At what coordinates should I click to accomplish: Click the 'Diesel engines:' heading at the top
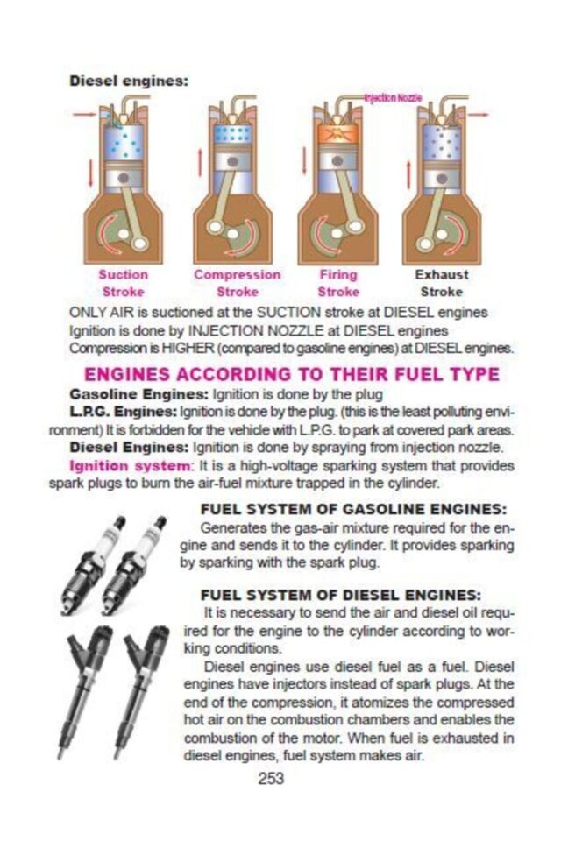coord(129,81)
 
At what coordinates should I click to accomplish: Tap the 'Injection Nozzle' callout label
coord(393,97)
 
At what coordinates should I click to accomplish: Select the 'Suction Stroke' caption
coord(124,283)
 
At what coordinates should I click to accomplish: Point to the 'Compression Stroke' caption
coord(238,283)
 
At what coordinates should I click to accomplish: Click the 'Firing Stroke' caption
coord(338,283)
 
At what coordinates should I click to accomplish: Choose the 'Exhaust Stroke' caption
coord(441,283)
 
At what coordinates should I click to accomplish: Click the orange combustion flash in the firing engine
coord(337,133)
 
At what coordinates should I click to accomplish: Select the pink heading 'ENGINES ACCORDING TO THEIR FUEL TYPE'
coord(292,374)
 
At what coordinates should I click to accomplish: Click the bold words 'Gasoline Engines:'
coord(139,395)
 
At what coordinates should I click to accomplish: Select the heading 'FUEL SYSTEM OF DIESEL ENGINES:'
coord(341,595)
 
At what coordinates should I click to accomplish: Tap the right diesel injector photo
coord(140,692)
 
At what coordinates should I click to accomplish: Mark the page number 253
coord(271,778)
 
